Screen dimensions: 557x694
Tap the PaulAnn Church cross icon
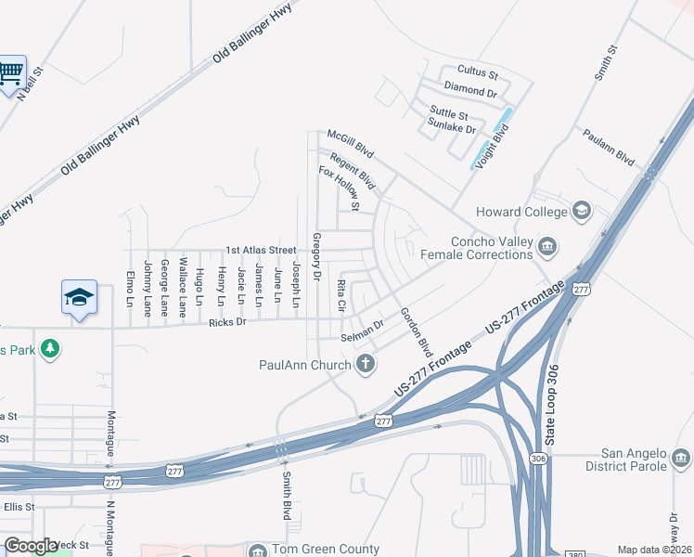tap(366, 364)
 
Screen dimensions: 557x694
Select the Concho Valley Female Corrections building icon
tap(547, 246)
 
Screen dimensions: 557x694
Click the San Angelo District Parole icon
tap(680, 458)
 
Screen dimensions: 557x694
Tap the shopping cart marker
tap(11, 72)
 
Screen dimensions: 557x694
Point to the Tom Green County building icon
tap(256, 551)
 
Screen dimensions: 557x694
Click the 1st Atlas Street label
tap(261, 251)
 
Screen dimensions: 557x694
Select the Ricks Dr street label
tap(227, 322)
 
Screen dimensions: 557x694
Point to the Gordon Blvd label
tap(417, 332)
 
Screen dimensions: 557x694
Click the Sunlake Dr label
tap(452, 129)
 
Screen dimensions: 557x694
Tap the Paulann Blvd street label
tap(609, 148)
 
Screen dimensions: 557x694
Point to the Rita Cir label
tap(341, 294)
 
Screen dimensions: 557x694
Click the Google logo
tap(32, 546)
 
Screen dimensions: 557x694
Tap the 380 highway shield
tap(576, 553)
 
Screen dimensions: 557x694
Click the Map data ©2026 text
tap(654, 550)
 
